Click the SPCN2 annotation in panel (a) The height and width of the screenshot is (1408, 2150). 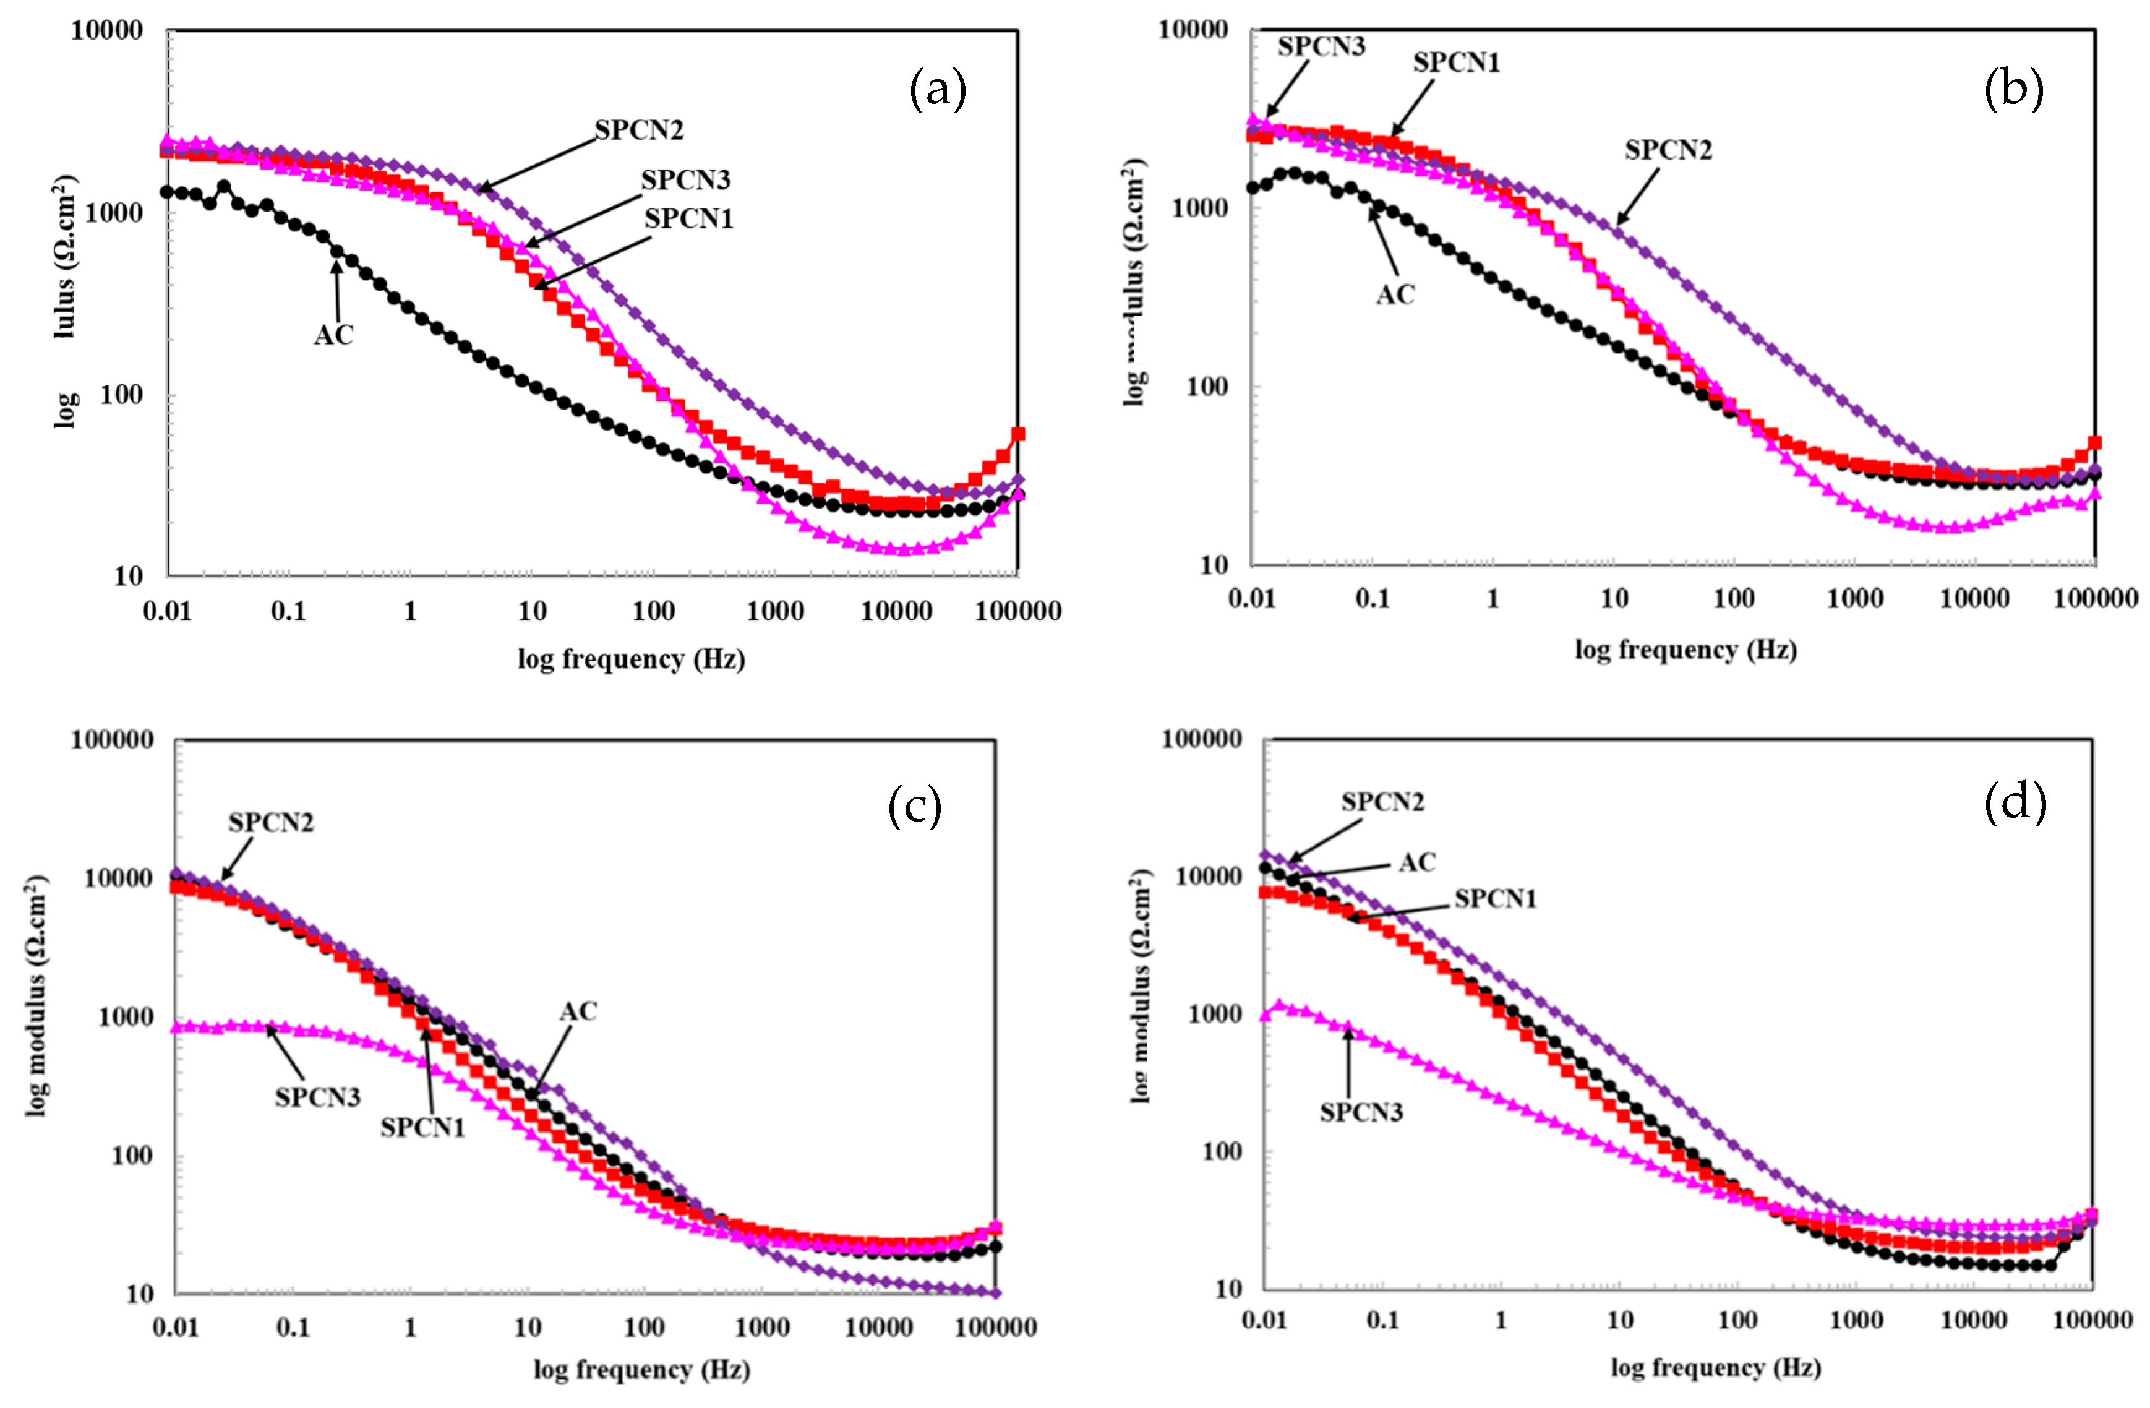click(639, 130)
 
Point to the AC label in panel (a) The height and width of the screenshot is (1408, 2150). click(333, 335)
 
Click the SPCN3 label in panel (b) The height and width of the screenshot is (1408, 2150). click(1321, 47)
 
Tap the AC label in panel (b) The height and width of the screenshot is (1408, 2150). click(1395, 294)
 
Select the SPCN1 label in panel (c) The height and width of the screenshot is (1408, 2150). click(422, 1128)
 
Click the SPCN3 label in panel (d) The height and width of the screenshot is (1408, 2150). click(1361, 1112)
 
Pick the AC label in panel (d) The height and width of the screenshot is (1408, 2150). click(1416, 863)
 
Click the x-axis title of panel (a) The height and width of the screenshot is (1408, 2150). click(630, 659)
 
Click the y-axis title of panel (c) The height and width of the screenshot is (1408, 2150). click(36, 995)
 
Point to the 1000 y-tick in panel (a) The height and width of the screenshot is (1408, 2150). click(113, 213)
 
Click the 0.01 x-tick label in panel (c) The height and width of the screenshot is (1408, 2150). click(174, 1328)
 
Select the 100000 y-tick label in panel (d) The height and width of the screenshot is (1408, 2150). click(1201, 739)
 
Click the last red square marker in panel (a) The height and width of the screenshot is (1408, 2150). click(1018, 434)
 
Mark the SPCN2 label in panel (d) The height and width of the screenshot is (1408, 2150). click(1381, 802)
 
